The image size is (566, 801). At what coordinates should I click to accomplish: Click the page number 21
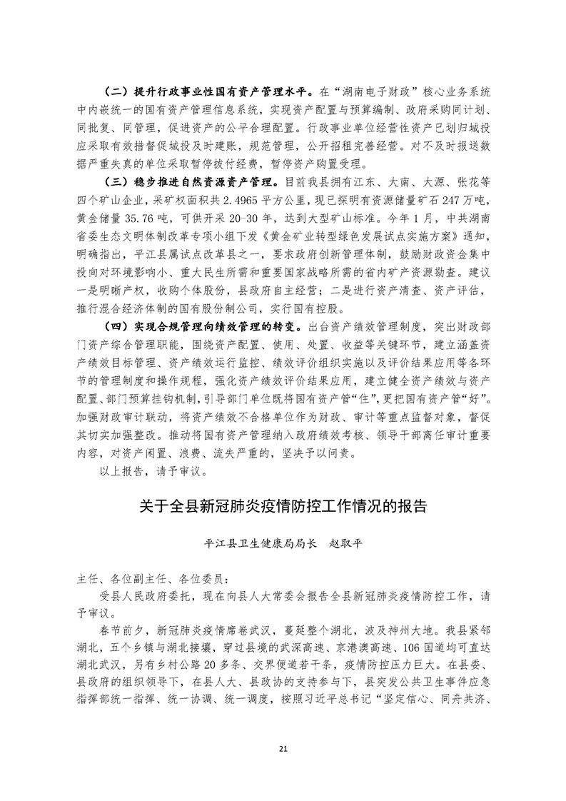[283, 749]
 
